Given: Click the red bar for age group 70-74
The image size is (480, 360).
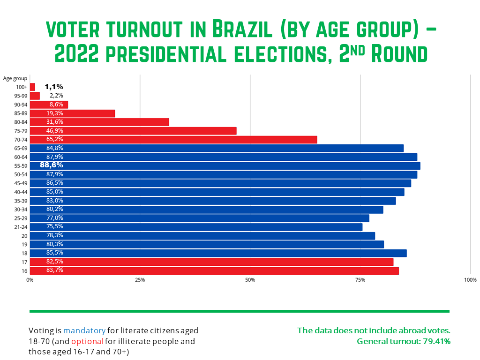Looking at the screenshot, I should (173, 139).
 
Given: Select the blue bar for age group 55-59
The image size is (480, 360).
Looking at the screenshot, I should (225, 165).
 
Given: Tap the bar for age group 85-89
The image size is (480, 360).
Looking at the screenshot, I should (72, 113).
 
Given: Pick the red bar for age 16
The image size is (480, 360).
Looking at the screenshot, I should (214, 270).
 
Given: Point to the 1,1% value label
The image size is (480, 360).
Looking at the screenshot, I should (54, 87).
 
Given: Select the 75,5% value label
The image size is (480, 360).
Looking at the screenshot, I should (55, 226).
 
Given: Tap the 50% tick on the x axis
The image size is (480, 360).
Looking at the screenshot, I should (250, 280).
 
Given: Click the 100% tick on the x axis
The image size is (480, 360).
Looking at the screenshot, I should (470, 280).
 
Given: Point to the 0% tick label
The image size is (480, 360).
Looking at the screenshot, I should (30, 280).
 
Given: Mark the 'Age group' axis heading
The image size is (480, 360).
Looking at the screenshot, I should (15, 78).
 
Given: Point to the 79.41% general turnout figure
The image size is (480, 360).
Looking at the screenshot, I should (435, 341).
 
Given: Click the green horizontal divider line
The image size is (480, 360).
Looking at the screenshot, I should (240, 311).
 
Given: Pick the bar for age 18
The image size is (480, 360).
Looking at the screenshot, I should (218, 253).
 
